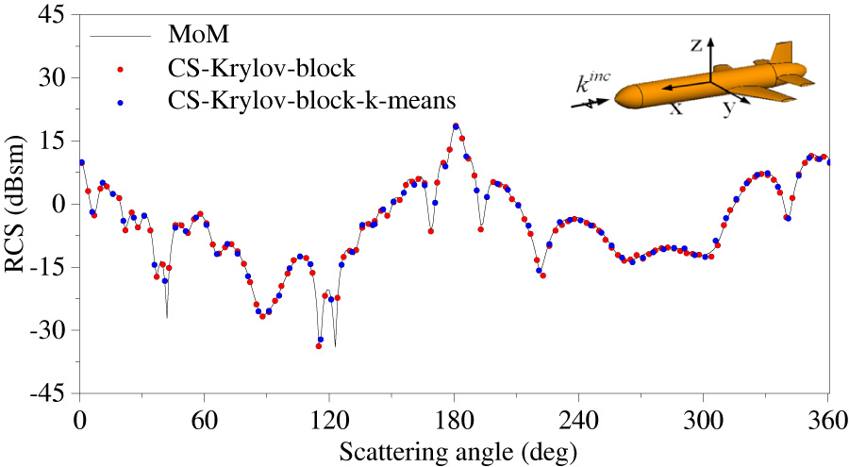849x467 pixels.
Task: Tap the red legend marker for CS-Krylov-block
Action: (121, 68)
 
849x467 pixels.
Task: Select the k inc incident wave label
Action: (592, 84)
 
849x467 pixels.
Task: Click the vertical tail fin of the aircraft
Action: (781, 53)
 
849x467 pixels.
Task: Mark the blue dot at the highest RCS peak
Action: (456, 126)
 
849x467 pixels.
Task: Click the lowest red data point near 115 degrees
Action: (319, 346)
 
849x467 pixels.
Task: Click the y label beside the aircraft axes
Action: (728, 109)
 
